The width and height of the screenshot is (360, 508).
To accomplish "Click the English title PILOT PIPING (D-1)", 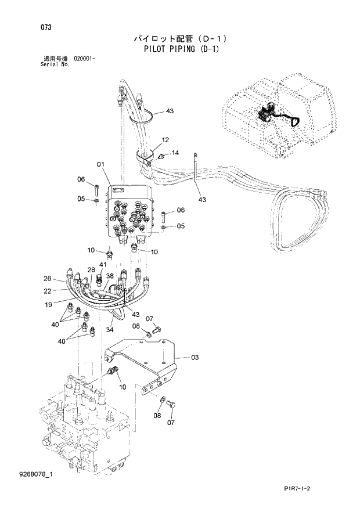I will (x=181, y=49).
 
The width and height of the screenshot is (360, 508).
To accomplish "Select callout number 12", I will (x=165, y=140).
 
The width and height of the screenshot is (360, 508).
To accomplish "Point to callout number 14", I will (x=175, y=153).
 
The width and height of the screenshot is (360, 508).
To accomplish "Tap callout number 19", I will (x=49, y=304).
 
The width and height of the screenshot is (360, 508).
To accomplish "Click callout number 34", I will (x=109, y=330).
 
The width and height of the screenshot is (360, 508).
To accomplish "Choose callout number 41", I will (x=102, y=265).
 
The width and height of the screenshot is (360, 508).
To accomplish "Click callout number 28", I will (x=91, y=270).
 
